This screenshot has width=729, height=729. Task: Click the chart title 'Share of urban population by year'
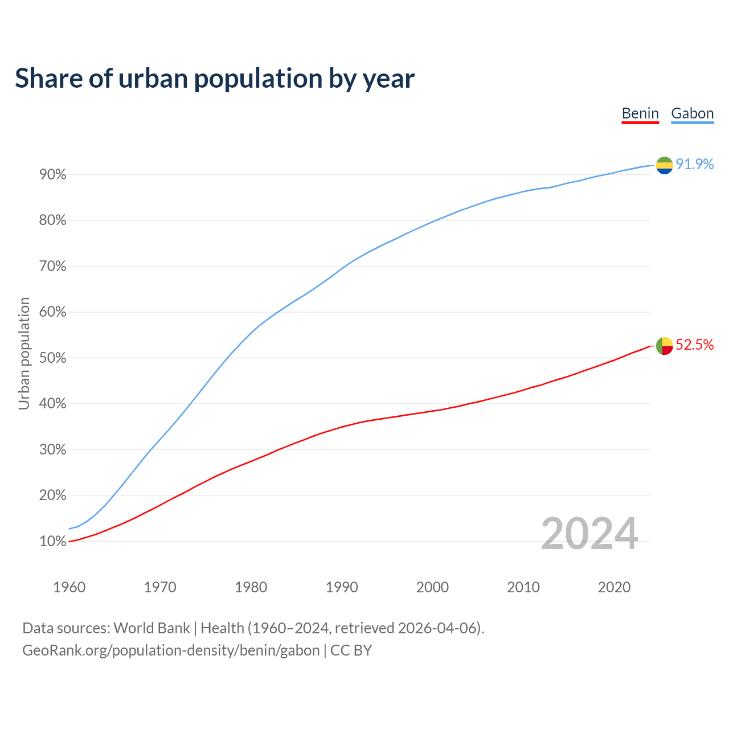[x=215, y=79]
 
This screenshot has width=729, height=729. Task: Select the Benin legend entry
[x=640, y=113]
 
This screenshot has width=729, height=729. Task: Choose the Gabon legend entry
[x=692, y=113]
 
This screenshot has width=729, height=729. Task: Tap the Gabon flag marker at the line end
[x=664, y=165]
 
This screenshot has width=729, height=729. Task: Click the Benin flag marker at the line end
[x=664, y=346]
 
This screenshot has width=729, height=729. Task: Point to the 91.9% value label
[x=694, y=165]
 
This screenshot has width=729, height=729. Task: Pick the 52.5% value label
[x=694, y=345]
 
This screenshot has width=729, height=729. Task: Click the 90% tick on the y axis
[x=53, y=175]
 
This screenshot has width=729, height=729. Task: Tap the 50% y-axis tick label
[x=53, y=358]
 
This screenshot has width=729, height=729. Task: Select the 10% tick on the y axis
[x=53, y=542]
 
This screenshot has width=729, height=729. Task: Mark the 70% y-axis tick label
[x=53, y=267]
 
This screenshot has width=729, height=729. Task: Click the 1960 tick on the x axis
[x=69, y=587]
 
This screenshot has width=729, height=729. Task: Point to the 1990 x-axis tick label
[x=342, y=587]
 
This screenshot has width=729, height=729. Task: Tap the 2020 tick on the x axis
[x=614, y=587]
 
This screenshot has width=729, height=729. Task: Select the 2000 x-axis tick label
[x=432, y=587]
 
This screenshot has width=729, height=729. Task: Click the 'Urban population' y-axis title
[x=24, y=353]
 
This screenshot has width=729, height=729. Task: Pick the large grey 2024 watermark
[x=589, y=534]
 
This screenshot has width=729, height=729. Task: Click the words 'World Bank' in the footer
[x=151, y=628]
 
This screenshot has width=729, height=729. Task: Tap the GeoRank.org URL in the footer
[x=171, y=650]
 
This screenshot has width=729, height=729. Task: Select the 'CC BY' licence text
[x=351, y=650]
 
